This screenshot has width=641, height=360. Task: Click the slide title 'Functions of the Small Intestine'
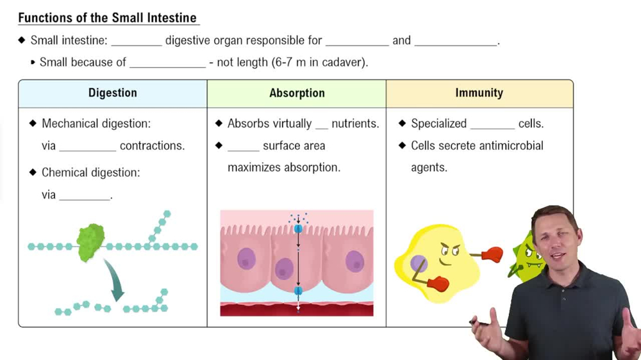click(x=107, y=17)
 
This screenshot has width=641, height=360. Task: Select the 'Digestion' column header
click(x=112, y=93)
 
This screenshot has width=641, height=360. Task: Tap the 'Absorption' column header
click(x=297, y=93)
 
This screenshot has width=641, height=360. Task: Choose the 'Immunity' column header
click(x=479, y=93)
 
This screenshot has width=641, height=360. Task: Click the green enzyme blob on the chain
click(x=90, y=242)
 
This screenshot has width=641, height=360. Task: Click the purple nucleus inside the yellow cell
click(x=419, y=264)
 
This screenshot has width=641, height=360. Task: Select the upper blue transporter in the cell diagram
click(x=298, y=228)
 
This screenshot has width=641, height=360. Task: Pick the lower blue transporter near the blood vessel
click(x=298, y=291)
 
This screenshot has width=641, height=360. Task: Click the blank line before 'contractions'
click(x=87, y=146)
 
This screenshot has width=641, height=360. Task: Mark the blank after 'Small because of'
click(x=167, y=63)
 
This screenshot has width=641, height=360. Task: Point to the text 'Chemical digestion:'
click(x=90, y=172)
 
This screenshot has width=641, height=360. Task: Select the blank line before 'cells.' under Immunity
click(x=492, y=124)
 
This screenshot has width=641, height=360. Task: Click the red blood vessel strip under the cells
click(x=297, y=310)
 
